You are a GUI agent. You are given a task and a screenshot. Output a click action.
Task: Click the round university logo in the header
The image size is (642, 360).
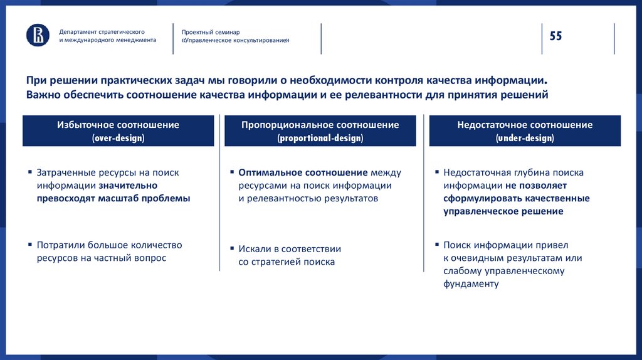38,35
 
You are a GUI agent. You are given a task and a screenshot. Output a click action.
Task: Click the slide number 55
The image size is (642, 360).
555,36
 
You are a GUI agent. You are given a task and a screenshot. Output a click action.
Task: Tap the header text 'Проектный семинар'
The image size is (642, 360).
211,31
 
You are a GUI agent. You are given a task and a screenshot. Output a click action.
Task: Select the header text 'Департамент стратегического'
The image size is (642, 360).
102,31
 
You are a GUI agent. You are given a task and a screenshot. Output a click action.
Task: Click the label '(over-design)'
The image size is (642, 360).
118,138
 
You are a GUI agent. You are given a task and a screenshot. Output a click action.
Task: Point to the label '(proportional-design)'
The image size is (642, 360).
320,138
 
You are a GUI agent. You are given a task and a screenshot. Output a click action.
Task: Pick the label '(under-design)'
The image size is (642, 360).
525,138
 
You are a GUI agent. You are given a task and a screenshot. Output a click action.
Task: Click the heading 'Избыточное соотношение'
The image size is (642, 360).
118,125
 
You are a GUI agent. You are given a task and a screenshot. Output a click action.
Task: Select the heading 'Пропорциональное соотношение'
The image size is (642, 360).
320,125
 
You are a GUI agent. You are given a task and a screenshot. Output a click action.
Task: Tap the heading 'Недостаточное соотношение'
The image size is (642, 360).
525,125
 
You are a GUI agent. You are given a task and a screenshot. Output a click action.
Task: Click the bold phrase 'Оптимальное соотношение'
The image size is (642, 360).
303,172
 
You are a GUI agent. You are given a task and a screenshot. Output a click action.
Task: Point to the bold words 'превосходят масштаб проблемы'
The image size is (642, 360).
113,198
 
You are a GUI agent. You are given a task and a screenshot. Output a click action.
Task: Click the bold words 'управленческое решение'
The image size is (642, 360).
503,211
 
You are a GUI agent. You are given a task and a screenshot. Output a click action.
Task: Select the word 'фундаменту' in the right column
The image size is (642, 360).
471,283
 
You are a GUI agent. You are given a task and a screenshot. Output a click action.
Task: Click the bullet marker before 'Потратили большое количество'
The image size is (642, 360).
30,245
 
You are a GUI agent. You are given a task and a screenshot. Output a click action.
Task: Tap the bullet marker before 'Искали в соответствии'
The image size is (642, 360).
232,249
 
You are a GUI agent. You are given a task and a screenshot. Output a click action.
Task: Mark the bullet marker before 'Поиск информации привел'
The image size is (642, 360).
436,245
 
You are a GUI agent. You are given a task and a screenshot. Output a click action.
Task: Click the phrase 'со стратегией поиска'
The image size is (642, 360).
287,262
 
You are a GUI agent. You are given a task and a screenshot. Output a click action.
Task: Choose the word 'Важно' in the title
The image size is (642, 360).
43,95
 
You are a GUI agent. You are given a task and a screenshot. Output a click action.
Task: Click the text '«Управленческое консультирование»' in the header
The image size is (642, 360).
236,40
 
